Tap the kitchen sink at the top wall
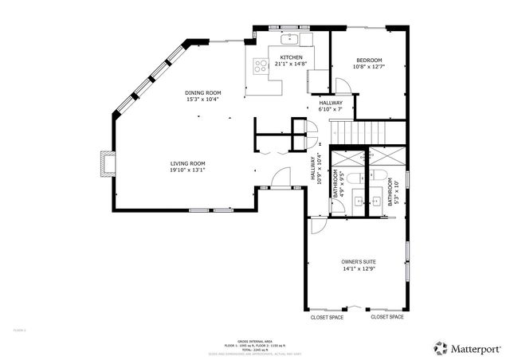pos(289,38)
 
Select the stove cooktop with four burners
pos(260,66)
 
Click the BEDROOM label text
pos(369,61)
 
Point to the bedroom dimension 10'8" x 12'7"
pos(369,67)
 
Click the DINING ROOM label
pos(203,93)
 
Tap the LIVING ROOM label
pos(187,163)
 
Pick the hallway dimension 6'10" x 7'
pos(331,109)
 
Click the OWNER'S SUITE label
pos(359,262)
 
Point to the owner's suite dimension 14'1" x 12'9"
pos(359,269)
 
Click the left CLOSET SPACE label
pos(327,317)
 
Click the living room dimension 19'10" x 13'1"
pos(187,170)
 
